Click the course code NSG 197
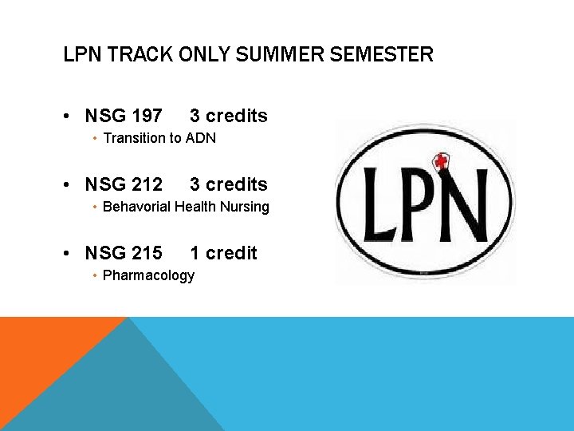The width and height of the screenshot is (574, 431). point(124,116)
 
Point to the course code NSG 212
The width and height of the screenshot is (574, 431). point(124,184)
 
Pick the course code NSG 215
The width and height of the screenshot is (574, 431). point(124,253)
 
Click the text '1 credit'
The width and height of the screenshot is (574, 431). point(223,253)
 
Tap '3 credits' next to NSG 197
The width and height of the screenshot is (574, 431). point(229,116)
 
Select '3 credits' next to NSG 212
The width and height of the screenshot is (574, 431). point(229,184)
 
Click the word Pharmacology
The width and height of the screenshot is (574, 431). point(149,275)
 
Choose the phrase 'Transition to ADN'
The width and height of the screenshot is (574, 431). point(159,138)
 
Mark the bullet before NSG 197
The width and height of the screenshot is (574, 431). point(70,117)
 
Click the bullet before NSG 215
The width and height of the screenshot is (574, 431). point(70,254)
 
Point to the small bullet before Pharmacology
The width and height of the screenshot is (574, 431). point(95,275)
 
